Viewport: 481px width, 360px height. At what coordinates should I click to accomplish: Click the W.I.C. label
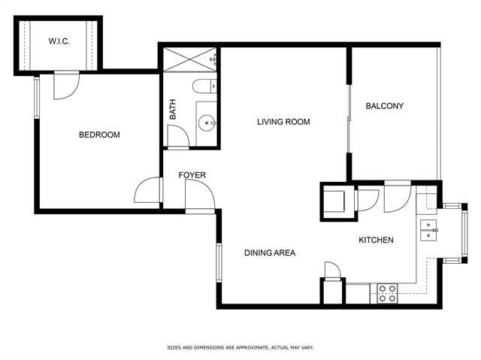tap(59, 41)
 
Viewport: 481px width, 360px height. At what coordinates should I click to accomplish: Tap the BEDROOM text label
tap(99, 135)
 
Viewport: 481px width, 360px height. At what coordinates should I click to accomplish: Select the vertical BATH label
tap(173, 109)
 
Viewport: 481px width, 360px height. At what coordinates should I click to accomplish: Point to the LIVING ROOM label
tap(283, 122)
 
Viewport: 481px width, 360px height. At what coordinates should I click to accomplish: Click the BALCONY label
tap(384, 106)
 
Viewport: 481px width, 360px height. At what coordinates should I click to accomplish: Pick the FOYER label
tap(192, 175)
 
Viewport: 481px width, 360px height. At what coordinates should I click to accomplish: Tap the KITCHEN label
tap(376, 240)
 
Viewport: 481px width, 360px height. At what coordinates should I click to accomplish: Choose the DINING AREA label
tap(270, 253)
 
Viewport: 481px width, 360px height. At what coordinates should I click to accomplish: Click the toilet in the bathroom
tap(204, 86)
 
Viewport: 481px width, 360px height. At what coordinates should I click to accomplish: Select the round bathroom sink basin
tap(207, 123)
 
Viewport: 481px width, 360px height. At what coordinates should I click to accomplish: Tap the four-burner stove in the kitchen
tap(387, 293)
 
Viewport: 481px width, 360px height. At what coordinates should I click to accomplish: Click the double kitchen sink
tap(428, 230)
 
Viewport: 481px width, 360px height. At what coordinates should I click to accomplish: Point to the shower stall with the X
tap(190, 59)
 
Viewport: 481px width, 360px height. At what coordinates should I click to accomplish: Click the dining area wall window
tap(219, 262)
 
